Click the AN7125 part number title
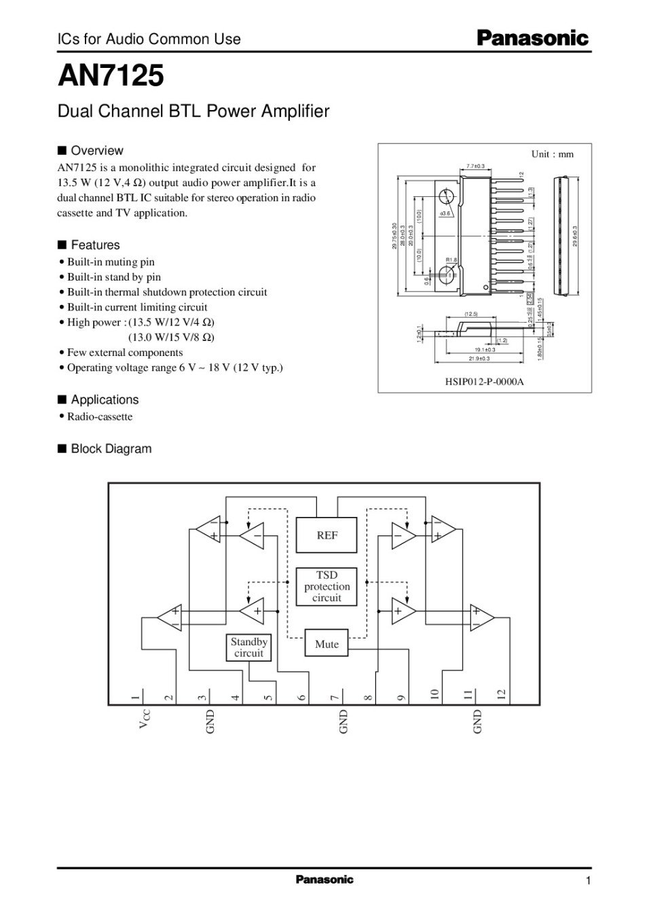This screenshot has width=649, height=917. pyautogui.click(x=111, y=76)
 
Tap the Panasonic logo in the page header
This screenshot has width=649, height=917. pyautogui.click(x=532, y=39)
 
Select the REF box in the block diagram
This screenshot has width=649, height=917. pyautogui.click(x=327, y=535)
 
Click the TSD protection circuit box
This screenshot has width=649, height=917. pyautogui.click(x=327, y=586)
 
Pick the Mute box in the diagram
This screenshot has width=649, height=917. pyautogui.click(x=327, y=644)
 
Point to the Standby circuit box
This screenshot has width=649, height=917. pyautogui.click(x=248, y=647)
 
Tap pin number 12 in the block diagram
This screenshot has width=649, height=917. pyautogui.click(x=501, y=695)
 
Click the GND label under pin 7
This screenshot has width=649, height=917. pyautogui.click(x=343, y=721)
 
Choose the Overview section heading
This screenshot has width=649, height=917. pyautogui.click(x=96, y=151)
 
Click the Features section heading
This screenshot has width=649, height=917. pyautogui.click(x=95, y=245)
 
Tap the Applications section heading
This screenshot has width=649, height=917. pyautogui.click(x=104, y=400)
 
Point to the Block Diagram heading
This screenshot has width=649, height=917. pyautogui.click(x=111, y=449)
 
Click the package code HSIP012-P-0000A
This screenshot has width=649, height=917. pyautogui.click(x=484, y=382)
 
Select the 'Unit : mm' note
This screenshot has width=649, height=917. pyautogui.click(x=552, y=154)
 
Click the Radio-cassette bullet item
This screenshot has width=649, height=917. pyautogui.click(x=99, y=417)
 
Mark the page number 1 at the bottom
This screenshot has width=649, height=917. pyautogui.click(x=588, y=881)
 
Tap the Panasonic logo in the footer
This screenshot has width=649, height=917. pyautogui.click(x=324, y=880)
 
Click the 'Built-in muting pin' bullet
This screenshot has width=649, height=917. pyautogui.click(x=110, y=262)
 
